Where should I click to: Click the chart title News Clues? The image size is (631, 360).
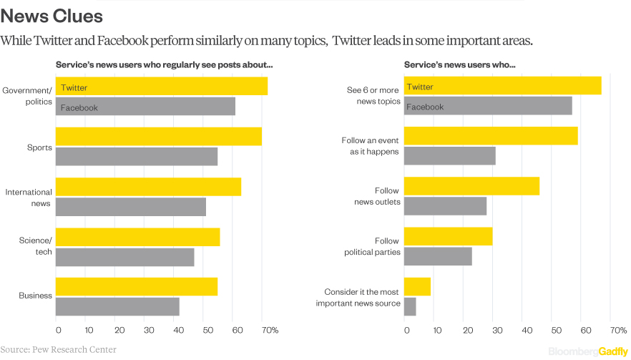point(52,15)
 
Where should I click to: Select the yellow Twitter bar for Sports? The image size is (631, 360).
point(158,136)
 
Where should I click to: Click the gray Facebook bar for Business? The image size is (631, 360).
point(117,306)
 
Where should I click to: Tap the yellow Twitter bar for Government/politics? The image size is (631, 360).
point(162,87)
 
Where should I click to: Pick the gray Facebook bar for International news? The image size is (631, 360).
point(131,207)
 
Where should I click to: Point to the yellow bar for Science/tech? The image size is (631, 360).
point(137,237)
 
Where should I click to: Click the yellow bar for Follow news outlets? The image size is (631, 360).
point(471,186)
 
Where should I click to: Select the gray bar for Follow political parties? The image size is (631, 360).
point(438,256)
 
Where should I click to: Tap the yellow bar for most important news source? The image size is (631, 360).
point(417,286)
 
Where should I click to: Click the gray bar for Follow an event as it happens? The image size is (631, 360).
point(449,155)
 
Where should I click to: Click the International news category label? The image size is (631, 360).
point(29,198)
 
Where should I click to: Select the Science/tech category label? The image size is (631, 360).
point(36,246)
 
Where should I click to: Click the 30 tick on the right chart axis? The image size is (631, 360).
point(495,330)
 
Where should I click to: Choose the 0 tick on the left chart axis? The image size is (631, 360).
point(58,330)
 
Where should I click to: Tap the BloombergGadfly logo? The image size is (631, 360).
point(588,351)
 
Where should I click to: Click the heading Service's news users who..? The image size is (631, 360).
point(460,64)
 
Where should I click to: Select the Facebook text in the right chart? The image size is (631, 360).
point(426,107)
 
